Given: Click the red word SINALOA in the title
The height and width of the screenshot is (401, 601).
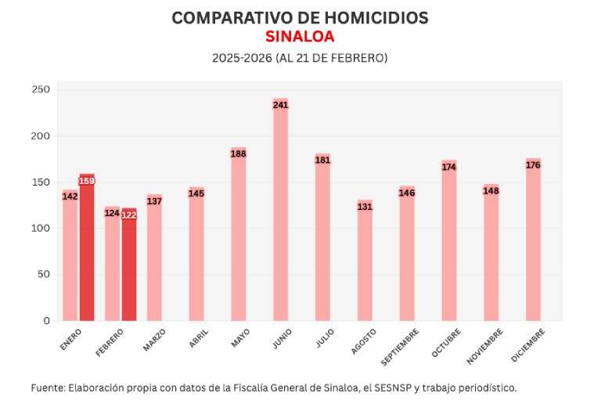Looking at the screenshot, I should coord(300,37).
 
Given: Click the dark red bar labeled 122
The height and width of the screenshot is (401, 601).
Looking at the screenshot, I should coord(129,266).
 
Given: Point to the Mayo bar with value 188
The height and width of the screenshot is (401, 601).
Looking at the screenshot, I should coord(239,235).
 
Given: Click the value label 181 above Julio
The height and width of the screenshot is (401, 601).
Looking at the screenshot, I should coord(322,161).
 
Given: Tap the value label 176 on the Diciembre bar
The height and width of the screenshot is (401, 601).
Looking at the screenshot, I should coord(533,165).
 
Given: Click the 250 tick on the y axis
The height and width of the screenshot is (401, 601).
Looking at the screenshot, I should coord(41,90).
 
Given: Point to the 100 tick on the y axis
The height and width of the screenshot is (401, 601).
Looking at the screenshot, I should coord(41,229).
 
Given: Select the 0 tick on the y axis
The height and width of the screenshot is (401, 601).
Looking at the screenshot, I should coord(46,321).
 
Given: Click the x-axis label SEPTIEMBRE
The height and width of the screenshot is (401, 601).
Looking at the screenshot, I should coord(401,347).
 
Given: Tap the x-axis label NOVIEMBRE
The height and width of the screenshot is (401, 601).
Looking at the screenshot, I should coord(484,345).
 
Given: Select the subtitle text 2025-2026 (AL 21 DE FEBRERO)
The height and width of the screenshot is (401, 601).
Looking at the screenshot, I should coord(300,58).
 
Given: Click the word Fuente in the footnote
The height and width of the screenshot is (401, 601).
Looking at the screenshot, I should coord(48,388).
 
